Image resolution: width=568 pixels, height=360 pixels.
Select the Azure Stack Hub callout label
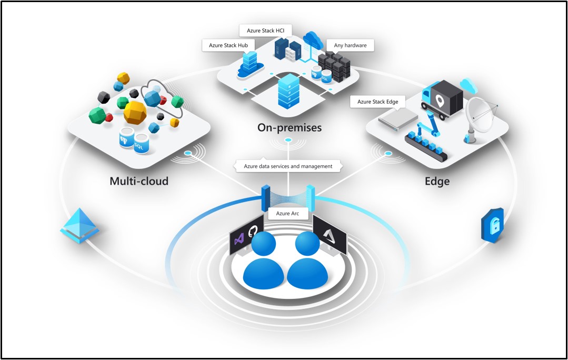click(x=229, y=45)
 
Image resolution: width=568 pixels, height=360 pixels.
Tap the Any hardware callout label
click(x=350, y=45)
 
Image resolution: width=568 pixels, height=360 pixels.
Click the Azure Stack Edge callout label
click(x=378, y=102)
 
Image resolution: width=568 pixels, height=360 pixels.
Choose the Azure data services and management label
click(x=288, y=166)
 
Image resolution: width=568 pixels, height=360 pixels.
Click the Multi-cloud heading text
click(x=139, y=181)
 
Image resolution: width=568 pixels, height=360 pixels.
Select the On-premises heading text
click(x=289, y=127)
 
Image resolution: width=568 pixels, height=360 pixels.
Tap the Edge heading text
click(x=437, y=181)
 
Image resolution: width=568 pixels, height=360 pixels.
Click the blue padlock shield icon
click(x=492, y=225)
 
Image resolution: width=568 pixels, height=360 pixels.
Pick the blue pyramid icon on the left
click(x=79, y=225)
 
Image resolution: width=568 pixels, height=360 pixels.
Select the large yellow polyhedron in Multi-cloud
click(x=135, y=112)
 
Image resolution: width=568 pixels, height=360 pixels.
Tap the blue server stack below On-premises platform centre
click(x=288, y=91)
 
